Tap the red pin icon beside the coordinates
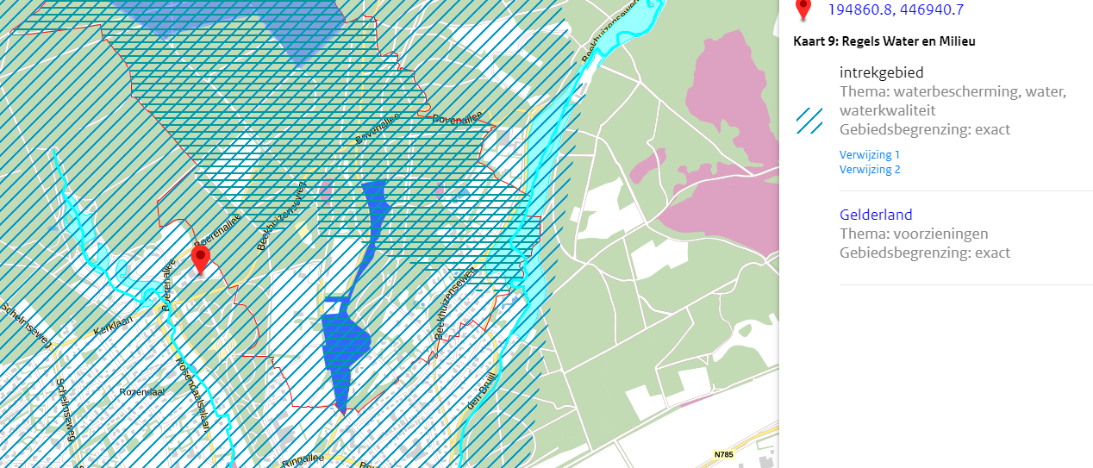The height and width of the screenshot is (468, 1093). click(x=803, y=9)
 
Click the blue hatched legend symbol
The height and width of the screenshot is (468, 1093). click(x=809, y=121)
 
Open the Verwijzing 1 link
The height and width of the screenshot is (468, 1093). click(x=869, y=154)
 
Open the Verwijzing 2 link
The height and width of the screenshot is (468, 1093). click(x=869, y=170)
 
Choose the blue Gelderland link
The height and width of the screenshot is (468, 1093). click(x=875, y=215)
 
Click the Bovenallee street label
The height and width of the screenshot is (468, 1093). click(x=378, y=128)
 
